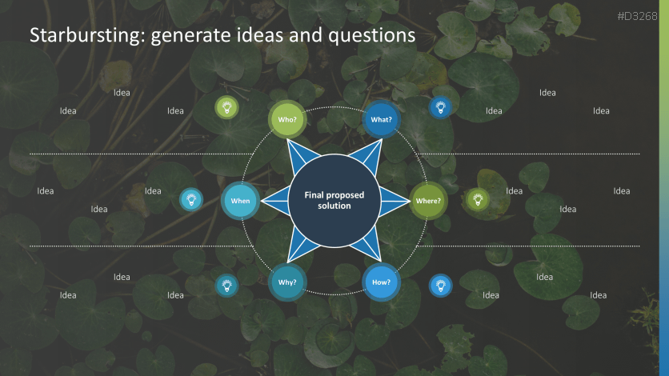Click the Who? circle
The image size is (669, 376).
click(287, 120)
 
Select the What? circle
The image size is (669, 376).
click(381, 120)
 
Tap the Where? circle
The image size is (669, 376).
click(428, 201)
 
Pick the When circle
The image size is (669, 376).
click(240, 201)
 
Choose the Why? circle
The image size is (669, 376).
click(287, 282)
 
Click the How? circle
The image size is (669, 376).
click(381, 282)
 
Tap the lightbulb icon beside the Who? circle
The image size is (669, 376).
click(227, 107)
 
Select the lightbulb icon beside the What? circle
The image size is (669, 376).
click(440, 107)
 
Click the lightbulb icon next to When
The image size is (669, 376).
click(190, 199)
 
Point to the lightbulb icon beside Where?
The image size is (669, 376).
click(478, 199)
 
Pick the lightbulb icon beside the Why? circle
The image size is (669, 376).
click(227, 285)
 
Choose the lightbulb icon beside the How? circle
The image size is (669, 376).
click(440, 285)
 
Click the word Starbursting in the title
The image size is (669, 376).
click(74, 36)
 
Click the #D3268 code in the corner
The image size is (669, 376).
click(643, 16)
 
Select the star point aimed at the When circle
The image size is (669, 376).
click(272, 201)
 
